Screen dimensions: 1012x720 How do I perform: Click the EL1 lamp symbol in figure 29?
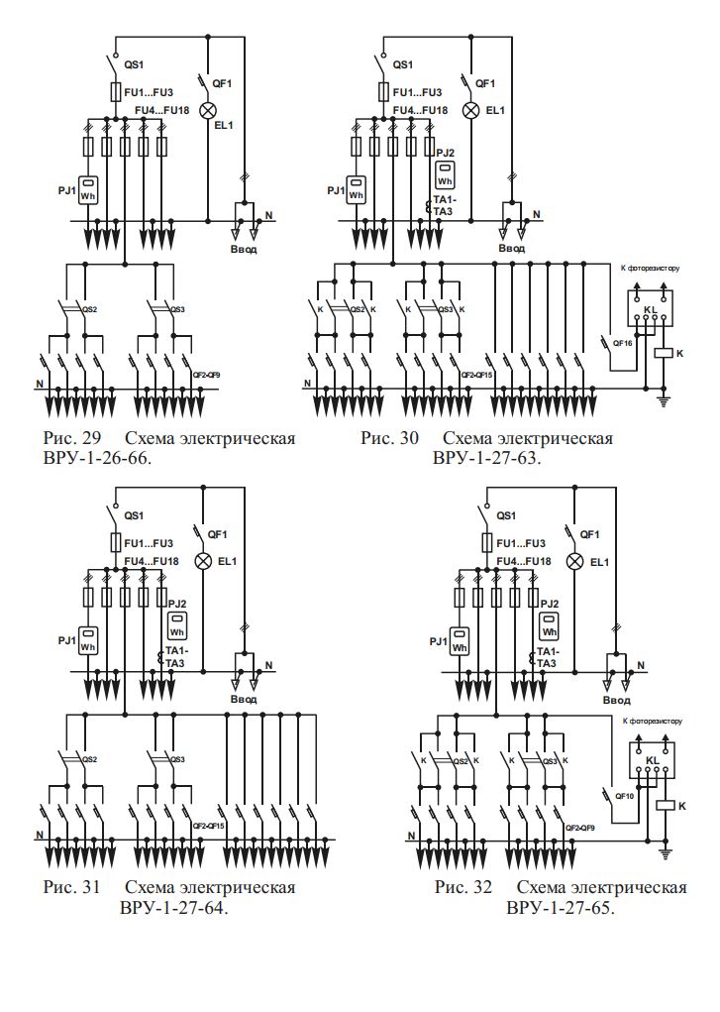[208, 109]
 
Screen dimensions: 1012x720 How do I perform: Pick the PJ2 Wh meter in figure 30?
[445, 175]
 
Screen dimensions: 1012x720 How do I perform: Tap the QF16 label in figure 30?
[623, 343]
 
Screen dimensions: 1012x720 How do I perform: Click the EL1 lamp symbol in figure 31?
[203, 561]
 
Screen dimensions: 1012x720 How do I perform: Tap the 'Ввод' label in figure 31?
[244, 700]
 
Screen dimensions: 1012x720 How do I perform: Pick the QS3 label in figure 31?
[178, 760]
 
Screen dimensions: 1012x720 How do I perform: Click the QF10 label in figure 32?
[623, 796]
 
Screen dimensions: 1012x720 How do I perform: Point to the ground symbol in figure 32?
[665, 852]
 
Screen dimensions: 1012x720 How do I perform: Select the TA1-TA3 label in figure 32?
[548, 657]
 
